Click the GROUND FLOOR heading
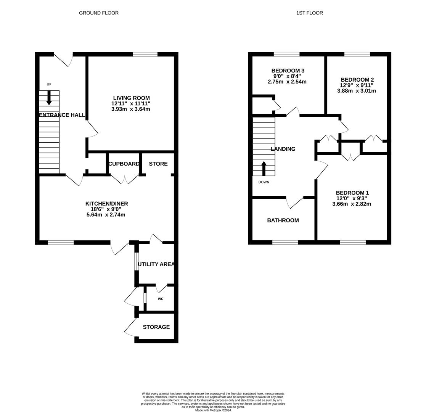tap(99, 13)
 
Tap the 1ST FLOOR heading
tap(309, 13)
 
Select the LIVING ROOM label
tap(132, 98)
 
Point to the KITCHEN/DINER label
tap(106, 204)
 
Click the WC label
tap(161, 299)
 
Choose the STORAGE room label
tap(156, 327)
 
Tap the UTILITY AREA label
tap(156, 264)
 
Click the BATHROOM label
tap(283, 220)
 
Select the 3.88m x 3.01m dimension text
tap(357, 91)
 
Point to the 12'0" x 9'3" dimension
tap(352, 198)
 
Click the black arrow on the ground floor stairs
tap(49, 98)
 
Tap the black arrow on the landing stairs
tap(264, 169)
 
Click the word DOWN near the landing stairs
tap(264, 182)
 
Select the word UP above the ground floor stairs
tap(49, 84)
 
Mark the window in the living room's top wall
tap(145, 54)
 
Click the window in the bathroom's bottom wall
tap(285, 242)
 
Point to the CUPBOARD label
tap(124, 164)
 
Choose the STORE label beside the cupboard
tap(158, 164)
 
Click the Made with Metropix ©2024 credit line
tap(213, 410)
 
